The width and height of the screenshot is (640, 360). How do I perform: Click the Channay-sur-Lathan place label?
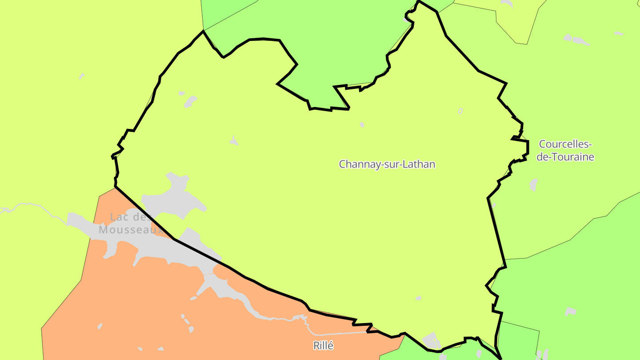coord(387,164)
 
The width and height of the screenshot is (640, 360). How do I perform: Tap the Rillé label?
coord(323,346)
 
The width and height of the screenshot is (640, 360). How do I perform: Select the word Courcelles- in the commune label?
coord(565,144)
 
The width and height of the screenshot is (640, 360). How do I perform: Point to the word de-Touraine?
coord(565,157)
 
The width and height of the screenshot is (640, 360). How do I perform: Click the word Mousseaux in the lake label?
coord(131,230)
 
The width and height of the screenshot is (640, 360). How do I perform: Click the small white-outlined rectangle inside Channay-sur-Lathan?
coord(460,111)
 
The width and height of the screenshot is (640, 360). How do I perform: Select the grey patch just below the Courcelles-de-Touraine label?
coord(533,184)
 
